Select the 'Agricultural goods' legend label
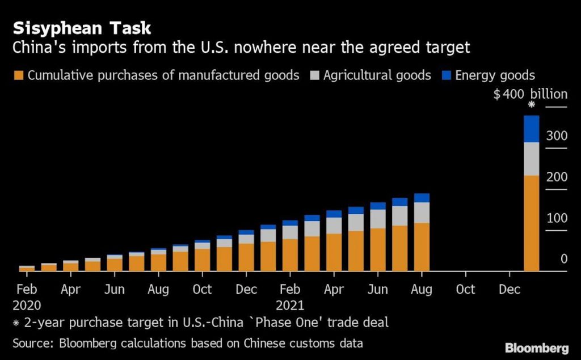click(377, 75)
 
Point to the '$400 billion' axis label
click(530, 94)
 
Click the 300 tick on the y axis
click(557, 135)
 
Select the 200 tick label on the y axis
click(557, 177)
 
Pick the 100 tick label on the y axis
click(557, 218)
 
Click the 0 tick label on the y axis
click(563, 259)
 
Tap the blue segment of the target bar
click(531, 129)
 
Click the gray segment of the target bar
click(531, 159)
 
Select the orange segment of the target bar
click(531, 223)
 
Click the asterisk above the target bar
click(532, 105)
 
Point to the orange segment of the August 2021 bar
click(422, 247)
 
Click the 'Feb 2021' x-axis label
click(290, 297)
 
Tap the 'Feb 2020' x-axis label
click(27, 297)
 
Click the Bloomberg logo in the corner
click(537, 347)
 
